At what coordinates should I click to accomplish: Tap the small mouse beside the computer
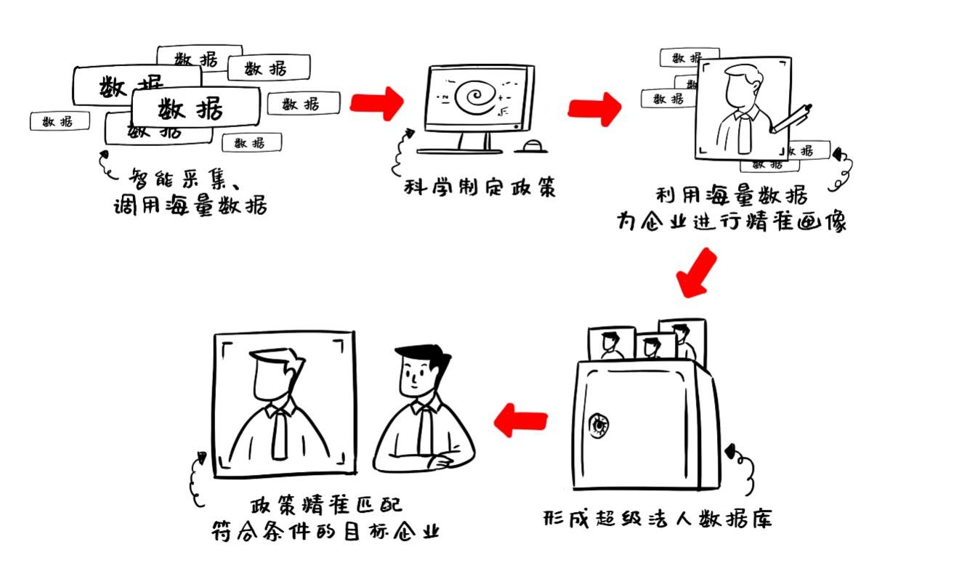pyautogui.click(x=531, y=147)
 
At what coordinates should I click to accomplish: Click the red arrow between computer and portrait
pyautogui.click(x=595, y=108)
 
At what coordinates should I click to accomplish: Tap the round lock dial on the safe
pyautogui.click(x=599, y=424)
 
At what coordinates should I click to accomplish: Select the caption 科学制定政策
pyautogui.click(x=480, y=187)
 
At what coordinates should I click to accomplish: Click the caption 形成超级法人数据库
pyautogui.click(x=658, y=519)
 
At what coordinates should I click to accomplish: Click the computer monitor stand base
pyautogui.click(x=459, y=150)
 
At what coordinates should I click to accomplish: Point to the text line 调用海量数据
pyautogui.click(x=191, y=206)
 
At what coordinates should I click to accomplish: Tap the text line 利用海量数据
pyautogui.click(x=731, y=195)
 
